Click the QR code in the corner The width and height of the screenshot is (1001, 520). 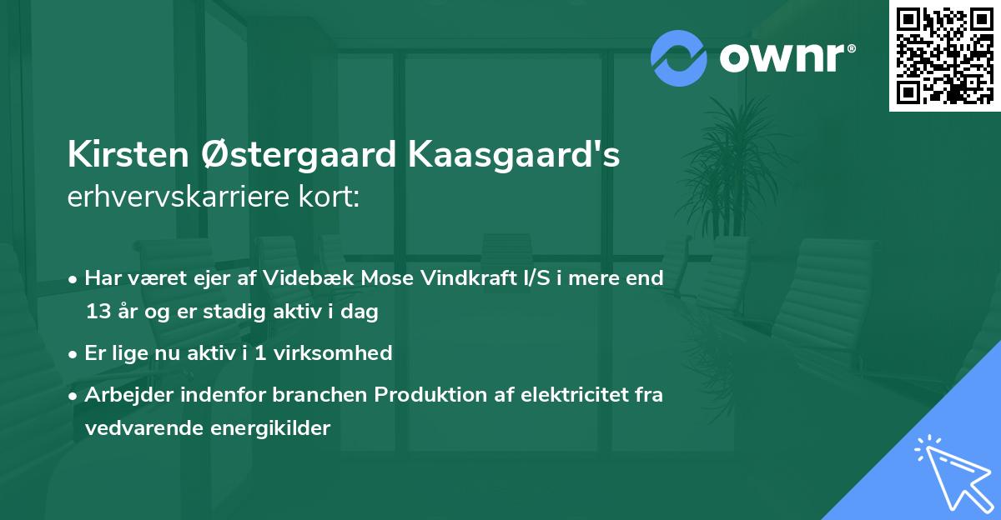[945, 56]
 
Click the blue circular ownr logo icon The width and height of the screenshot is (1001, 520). [679, 57]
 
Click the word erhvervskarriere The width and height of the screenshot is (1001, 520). [184, 197]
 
